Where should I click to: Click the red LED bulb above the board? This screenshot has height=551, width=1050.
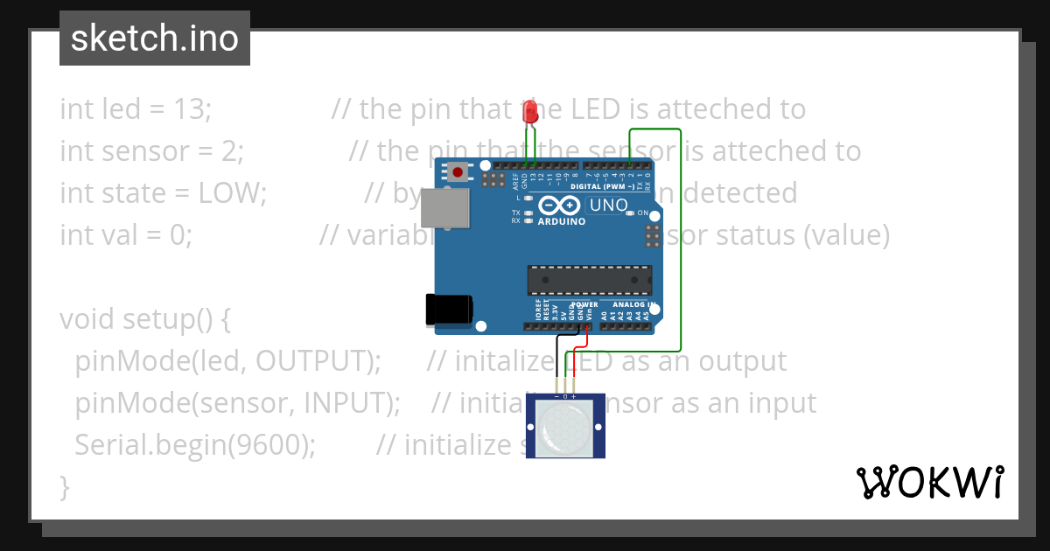click(529, 112)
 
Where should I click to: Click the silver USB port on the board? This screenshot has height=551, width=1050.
click(445, 206)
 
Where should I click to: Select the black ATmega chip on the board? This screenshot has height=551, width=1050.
click(589, 280)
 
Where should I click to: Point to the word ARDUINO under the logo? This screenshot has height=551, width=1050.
click(561, 221)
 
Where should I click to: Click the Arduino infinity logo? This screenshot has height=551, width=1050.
click(560, 206)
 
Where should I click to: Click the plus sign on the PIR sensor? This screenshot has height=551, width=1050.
click(574, 396)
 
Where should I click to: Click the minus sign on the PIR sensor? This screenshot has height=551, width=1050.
click(556, 396)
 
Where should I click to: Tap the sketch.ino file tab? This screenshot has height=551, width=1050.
click(155, 38)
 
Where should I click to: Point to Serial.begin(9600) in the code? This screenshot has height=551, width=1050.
click(195, 445)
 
